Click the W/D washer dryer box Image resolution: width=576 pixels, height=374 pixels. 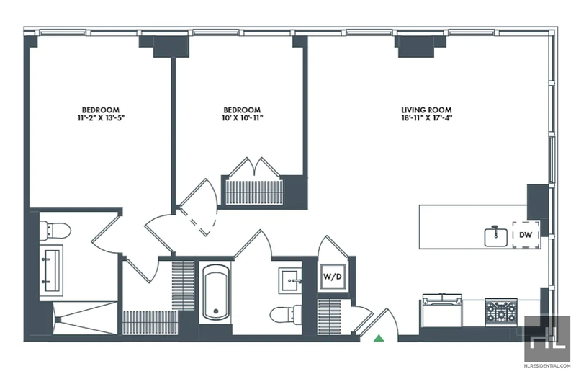click(333, 276)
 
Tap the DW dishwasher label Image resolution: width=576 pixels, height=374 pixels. click(526, 235)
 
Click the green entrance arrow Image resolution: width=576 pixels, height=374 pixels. click(379, 338)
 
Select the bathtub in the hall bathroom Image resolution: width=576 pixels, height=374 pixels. click(215, 292)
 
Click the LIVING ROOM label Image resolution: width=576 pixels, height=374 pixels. click(426, 110)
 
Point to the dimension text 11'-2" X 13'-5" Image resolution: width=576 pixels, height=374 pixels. click(100, 118)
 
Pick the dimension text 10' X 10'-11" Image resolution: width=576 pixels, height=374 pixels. click(242, 118)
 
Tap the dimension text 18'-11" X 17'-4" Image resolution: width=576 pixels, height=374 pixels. click(426, 118)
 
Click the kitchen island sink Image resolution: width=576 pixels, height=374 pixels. click(495, 237)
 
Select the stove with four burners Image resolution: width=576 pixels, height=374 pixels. click(500, 311)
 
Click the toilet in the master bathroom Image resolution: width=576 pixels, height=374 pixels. click(55, 230)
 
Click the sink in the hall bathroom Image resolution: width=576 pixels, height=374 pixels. click(290, 280)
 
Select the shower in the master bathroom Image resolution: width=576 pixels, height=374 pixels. click(85, 318)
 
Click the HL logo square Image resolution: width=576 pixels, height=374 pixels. click(547, 338)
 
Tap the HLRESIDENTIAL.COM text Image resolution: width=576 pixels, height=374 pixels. click(547, 366)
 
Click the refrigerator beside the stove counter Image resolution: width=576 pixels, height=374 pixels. click(442, 311)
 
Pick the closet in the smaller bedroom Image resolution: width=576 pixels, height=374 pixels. click(254, 192)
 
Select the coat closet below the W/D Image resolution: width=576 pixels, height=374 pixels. click(330, 316)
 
